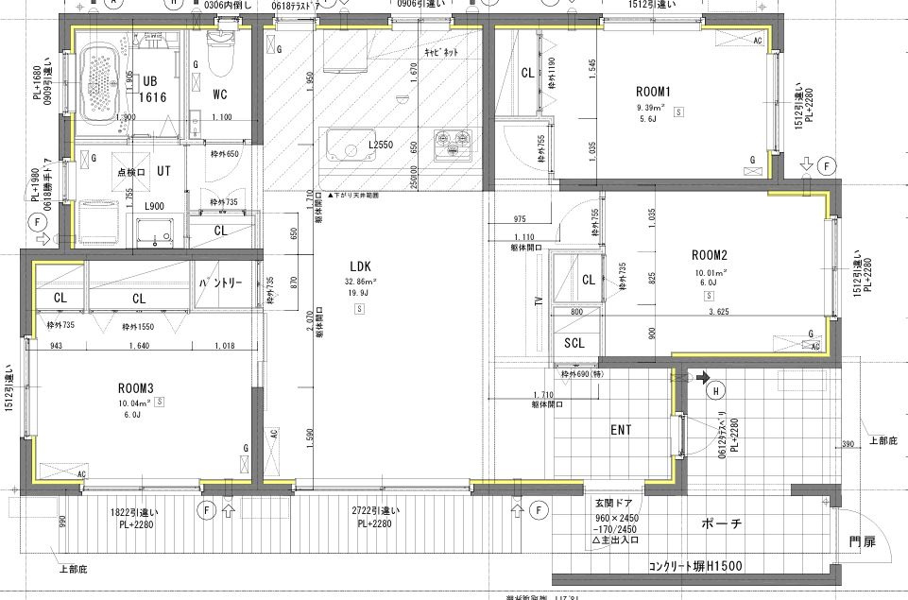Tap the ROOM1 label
pos(652,92)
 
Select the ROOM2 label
pos(708,254)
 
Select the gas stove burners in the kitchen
pos(451,146)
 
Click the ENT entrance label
pos(621,430)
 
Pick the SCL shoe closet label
pos(575,343)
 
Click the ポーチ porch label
pos(723,523)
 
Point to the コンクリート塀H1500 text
pos(695,566)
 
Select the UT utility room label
pos(163,171)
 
